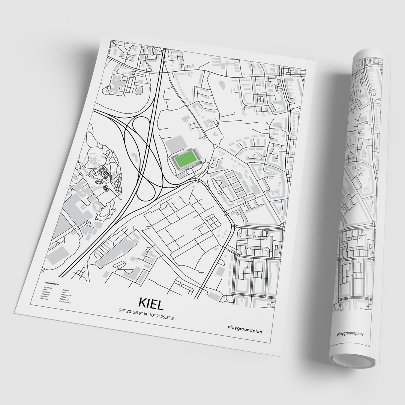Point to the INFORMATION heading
coord(52,284)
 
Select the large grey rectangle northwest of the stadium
coord(175,144)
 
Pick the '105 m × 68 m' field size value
coord(66,302)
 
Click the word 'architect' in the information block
coord(48,288)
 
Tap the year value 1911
coord(64,293)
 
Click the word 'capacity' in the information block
coord(45,294)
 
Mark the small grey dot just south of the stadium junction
coord(194,185)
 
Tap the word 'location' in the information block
coord(46,292)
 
